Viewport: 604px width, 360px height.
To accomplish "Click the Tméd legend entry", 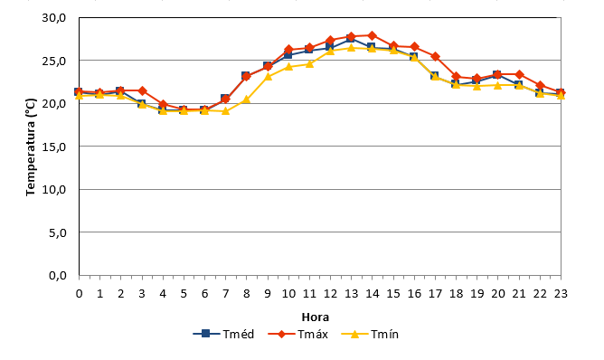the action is [x=223, y=334].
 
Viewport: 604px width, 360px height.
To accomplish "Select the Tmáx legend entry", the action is [x=297, y=334].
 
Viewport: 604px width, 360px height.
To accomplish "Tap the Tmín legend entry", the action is [x=370, y=334].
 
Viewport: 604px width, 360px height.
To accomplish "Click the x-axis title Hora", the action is [x=315, y=317].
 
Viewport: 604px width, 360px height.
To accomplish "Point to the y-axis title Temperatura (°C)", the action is [x=31, y=147].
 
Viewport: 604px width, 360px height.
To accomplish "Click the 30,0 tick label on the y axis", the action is [x=54, y=18].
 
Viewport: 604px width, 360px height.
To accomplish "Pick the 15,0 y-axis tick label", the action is [x=54, y=147].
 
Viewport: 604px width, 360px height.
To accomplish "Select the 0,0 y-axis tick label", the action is [x=57, y=276].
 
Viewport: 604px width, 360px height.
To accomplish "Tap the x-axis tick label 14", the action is [x=373, y=294].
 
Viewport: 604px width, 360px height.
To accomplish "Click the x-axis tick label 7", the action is [x=226, y=294].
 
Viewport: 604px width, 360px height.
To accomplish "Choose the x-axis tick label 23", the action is [x=561, y=294].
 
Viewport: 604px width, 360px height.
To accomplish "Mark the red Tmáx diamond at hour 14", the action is [x=373, y=36].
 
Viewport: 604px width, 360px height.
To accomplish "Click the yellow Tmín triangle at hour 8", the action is [x=247, y=99].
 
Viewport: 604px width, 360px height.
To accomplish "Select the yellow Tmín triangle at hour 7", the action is [x=226, y=111].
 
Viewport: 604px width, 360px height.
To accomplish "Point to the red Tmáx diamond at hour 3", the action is [x=142, y=91].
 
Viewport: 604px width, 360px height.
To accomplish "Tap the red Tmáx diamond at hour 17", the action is [x=435, y=57].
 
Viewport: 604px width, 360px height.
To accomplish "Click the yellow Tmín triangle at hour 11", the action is [x=309, y=63].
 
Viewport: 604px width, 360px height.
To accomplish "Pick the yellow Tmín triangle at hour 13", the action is [x=352, y=47].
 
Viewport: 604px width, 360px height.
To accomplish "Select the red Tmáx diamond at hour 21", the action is [x=519, y=74].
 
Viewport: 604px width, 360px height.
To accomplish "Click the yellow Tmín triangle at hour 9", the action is [x=268, y=76].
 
